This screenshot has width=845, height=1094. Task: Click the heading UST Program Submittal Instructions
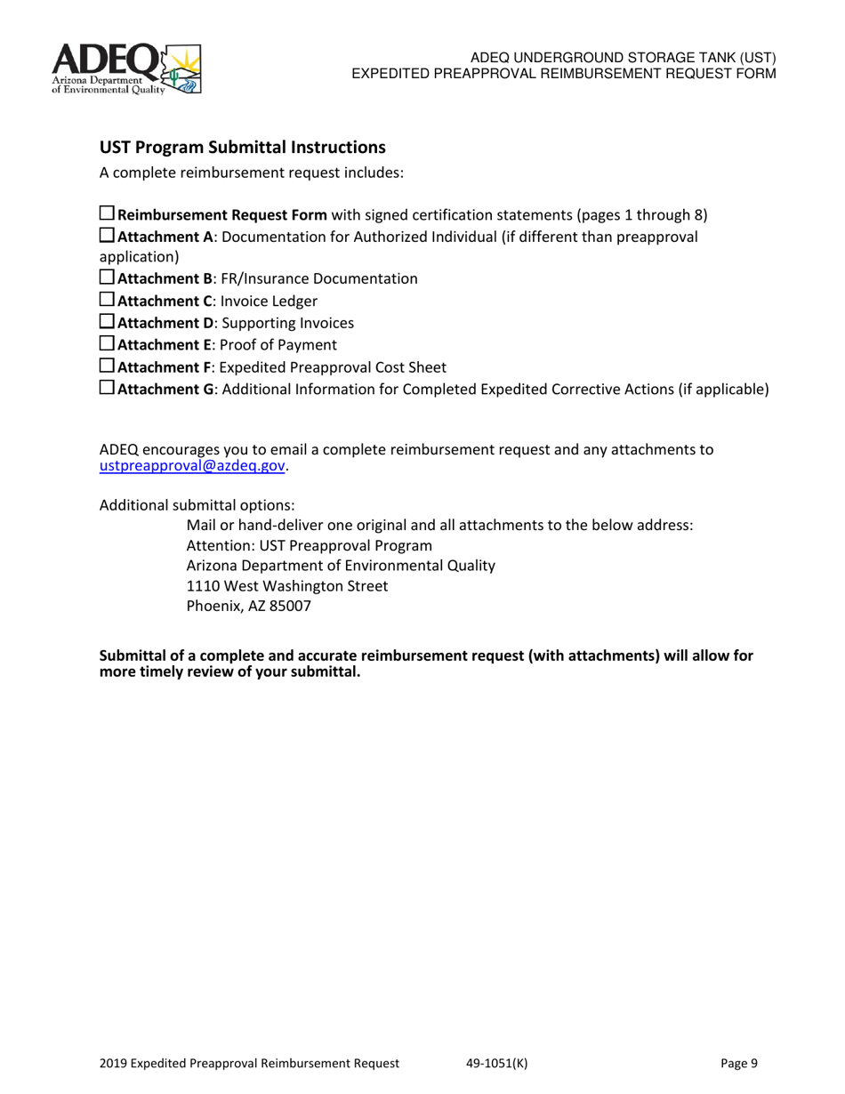click(x=242, y=147)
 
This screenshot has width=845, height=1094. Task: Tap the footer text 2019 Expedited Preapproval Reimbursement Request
click(x=249, y=1063)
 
